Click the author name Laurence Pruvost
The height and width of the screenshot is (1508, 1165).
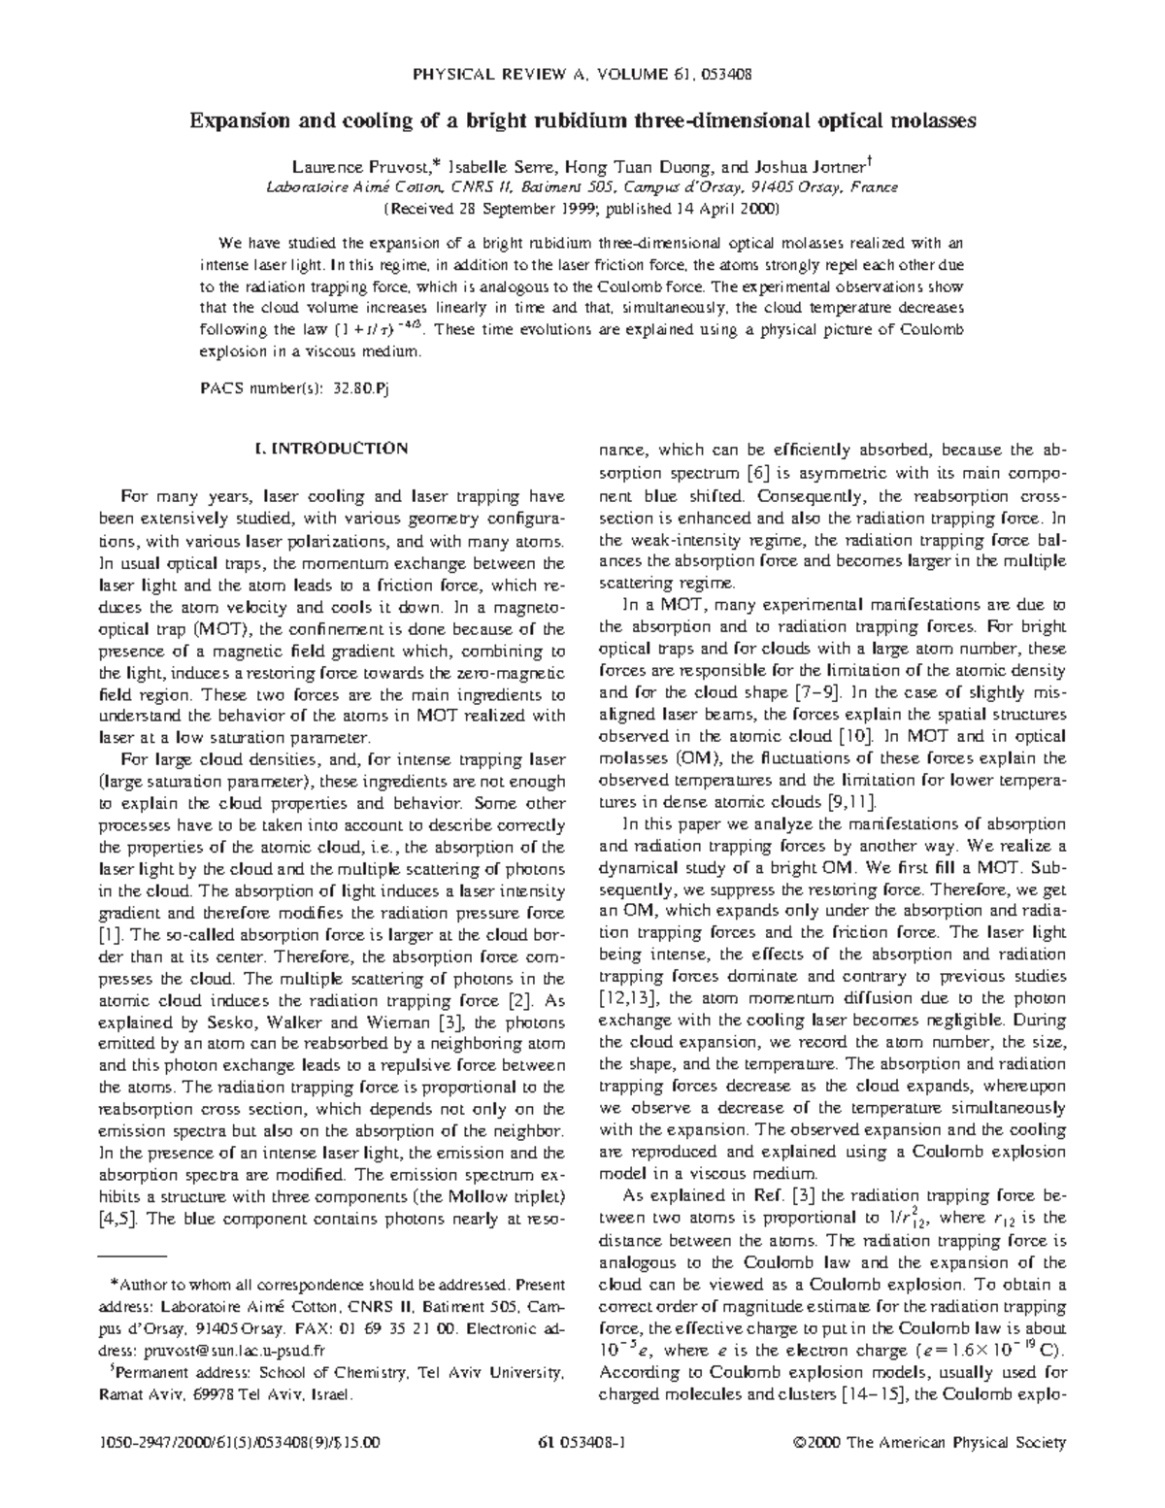pyautogui.click(x=351, y=166)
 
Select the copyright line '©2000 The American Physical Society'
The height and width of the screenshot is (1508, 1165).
pyautogui.click(x=929, y=1442)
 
